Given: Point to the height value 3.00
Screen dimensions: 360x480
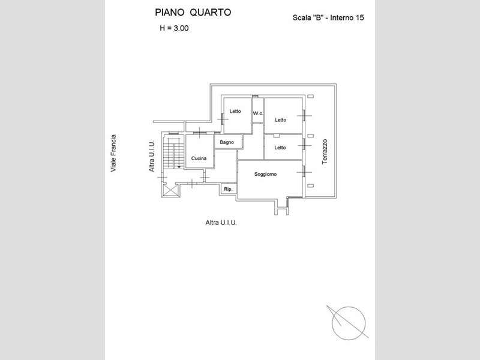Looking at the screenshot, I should coord(178,28).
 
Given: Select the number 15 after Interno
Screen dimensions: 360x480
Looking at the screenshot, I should coord(360,17).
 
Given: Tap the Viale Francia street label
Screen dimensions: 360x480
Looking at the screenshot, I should coord(113,154).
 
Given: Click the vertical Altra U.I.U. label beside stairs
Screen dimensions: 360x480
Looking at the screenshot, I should coord(152,157).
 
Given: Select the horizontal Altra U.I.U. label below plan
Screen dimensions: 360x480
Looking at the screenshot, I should coord(221,223).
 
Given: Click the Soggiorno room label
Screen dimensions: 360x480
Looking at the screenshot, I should coord(265,174).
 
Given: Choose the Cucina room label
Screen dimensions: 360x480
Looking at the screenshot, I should coord(199,158).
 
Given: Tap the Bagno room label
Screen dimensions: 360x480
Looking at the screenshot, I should coord(226,142).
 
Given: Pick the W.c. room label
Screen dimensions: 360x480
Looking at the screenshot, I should coord(258,113).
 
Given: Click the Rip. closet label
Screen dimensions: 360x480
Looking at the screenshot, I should coord(228,190).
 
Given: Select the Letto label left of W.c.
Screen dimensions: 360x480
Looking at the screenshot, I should coord(235,111).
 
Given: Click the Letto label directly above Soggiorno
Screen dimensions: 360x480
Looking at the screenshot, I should coord(280,148).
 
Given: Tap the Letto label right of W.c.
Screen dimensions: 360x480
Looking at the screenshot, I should coord(281,120).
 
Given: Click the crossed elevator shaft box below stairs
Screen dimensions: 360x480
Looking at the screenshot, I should coord(170,190).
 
